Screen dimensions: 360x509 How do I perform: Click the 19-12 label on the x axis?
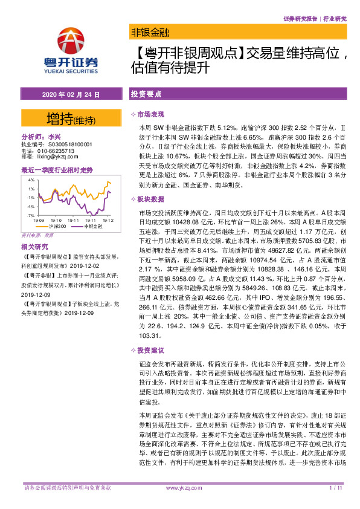[x=109, y=221]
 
